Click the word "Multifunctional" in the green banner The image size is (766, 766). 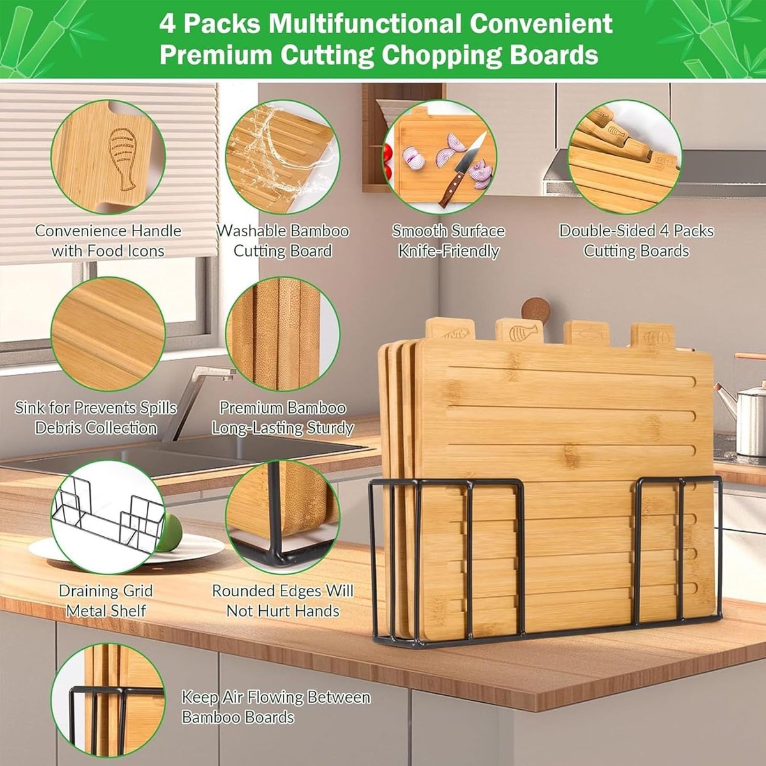tap(365, 24)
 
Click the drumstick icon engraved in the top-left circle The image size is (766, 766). tap(123, 159)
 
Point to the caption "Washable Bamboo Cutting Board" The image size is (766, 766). tap(283, 241)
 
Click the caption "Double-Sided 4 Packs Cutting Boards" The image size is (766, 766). tap(636, 241)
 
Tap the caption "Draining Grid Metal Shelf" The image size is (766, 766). tap(106, 601)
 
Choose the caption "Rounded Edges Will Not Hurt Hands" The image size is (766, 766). tap(283, 601)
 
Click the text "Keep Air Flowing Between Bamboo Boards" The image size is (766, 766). tap(276, 707)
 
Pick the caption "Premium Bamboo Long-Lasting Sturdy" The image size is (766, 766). tap(283, 418)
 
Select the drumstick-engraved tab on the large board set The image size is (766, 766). tap(520, 331)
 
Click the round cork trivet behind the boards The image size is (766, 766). tap(536, 310)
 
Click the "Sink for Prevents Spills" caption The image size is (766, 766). tap(96, 409)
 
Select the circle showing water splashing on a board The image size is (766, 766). tap(283, 157)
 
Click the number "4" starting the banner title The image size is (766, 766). tap(167, 24)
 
